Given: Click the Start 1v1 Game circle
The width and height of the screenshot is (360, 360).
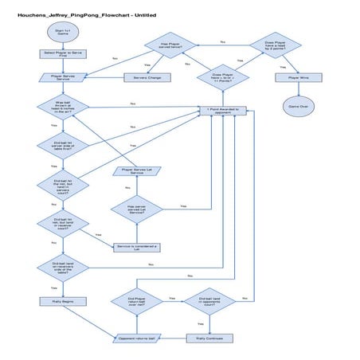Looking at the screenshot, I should (x=61, y=32).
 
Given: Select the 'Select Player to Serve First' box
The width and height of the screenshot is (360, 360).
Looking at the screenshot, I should (x=61, y=54).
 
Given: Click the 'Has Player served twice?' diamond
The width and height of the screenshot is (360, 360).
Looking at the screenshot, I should (x=171, y=48).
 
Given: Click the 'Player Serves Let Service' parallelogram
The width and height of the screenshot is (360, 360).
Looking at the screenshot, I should (x=137, y=170).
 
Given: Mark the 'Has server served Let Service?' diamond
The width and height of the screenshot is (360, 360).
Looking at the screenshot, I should (x=137, y=209).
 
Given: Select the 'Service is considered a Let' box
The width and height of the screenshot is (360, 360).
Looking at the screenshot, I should (x=137, y=248).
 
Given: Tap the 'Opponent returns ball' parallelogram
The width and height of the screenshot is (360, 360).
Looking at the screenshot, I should (x=138, y=338).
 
